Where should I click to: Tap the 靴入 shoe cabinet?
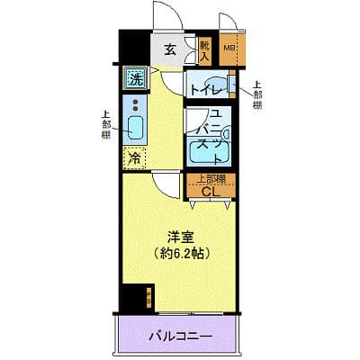tap(205, 50)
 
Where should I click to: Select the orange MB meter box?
tap(229, 49)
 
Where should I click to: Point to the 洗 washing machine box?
tap(135, 78)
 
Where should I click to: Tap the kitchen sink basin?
tap(134, 130)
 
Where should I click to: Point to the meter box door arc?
tap(230, 24)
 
